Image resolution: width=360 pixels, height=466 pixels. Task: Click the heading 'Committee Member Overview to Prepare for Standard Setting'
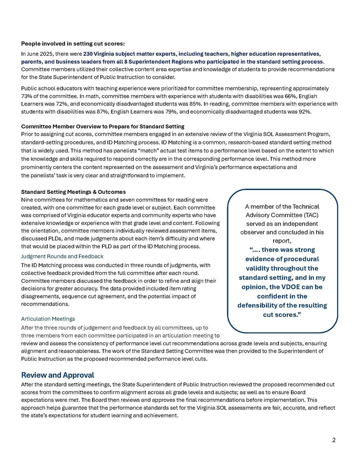tap(102, 126)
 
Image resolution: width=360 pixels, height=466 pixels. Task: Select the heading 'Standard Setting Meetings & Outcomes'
tap(73, 192)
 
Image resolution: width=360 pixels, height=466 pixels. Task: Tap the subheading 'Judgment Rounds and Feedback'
tap(62, 257)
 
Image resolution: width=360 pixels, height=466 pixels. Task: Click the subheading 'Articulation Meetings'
tap(48, 319)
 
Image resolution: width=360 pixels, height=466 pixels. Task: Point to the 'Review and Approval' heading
tap(57, 375)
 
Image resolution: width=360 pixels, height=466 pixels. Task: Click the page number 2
tap(334, 440)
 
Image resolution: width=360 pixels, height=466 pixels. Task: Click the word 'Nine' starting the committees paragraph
tap(28, 200)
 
